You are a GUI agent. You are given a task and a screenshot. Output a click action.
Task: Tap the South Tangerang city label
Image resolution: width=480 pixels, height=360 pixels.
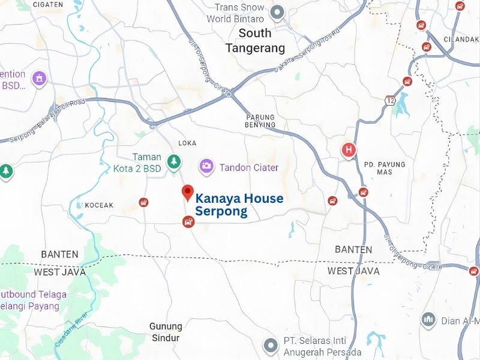pyautogui.click(x=255, y=40)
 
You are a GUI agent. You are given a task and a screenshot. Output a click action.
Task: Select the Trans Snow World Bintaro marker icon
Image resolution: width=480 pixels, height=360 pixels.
pyautogui.click(x=277, y=12)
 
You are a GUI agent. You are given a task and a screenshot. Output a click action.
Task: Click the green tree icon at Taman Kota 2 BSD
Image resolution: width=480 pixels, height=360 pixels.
pyautogui.click(x=174, y=161)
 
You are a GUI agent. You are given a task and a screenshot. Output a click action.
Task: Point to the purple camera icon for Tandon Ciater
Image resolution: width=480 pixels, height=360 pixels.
pyautogui.click(x=206, y=166)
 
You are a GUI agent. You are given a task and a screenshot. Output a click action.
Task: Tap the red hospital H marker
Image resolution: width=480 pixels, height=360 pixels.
pyautogui.click(x=348, y=150)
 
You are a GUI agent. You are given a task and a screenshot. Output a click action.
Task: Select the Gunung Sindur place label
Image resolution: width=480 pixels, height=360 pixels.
pyautogui.click(x=166, y=332)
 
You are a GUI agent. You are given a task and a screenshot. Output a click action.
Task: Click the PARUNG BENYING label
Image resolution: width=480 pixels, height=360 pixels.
pyautogui.click(x=260, y=121)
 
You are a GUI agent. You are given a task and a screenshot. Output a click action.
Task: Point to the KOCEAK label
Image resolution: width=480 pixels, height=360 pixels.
pyautogui.click(x=99, y=205)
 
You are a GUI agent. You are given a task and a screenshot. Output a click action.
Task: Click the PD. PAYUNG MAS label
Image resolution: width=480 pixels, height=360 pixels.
pyautogui.click(x=385, y=168)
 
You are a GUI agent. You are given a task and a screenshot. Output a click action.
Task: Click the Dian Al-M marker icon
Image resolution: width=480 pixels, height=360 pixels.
pyautogui.click(x=428, y=320)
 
